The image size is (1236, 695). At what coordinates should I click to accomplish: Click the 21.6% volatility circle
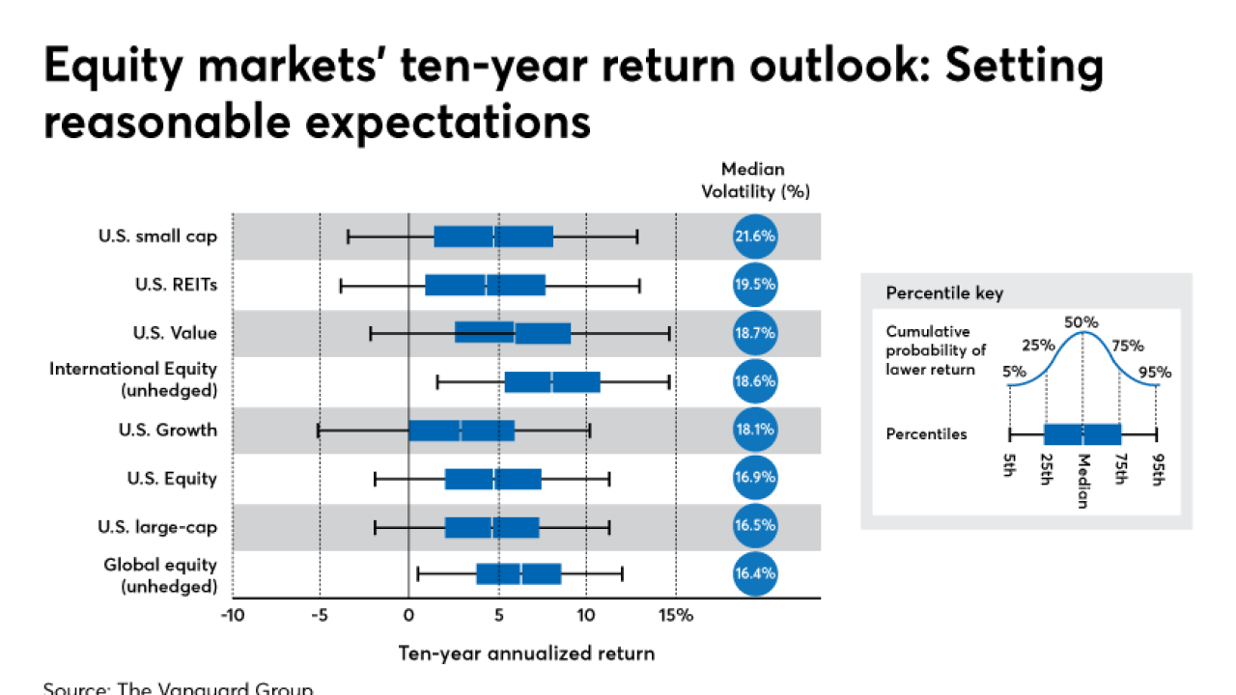tap(755, 236)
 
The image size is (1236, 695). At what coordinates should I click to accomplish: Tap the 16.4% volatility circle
tap(755, 574)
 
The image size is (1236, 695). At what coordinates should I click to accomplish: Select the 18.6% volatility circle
tap(755, 381)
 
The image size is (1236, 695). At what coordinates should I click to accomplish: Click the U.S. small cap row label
tap(157, 236)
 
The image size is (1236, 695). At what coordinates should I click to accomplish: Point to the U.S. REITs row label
tap(176, 285)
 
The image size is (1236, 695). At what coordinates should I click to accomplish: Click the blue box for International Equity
tap(552, 381)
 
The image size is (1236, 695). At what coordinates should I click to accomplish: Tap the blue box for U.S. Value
tap(513, 333)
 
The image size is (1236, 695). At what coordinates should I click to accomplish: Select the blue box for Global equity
tap(519, 574)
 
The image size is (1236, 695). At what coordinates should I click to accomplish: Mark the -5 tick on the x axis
tap(320, 615)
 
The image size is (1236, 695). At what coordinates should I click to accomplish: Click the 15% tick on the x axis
tap(677, 615)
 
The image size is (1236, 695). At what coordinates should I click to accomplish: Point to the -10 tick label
tap(232, 615)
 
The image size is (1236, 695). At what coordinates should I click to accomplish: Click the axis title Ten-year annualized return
tap(526, 653)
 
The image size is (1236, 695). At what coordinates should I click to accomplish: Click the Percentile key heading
tap(932, 292)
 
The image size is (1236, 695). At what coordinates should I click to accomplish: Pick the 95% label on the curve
tap(1156, 372)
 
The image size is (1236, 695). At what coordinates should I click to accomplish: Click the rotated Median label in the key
tap(1083, 480)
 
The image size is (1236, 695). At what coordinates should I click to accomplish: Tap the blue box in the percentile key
tap(1082, 434)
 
